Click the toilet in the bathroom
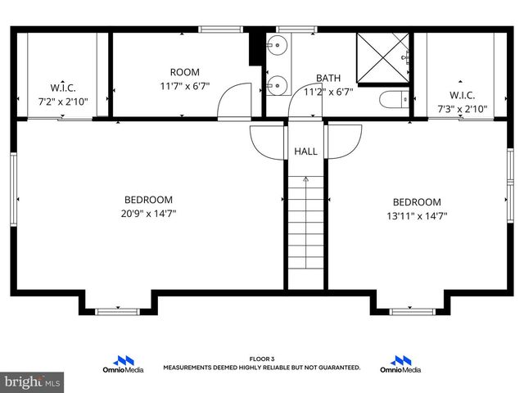[392, 101]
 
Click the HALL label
[305, 151]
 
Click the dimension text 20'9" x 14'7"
[148, 214]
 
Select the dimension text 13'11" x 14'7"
[417, 216]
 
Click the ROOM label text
[184, 72]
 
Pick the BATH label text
[328, 79]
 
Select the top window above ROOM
[215, 29]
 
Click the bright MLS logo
[33, 382]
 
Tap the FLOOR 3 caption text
[261, 359]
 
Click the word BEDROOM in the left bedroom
[148, 200]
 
